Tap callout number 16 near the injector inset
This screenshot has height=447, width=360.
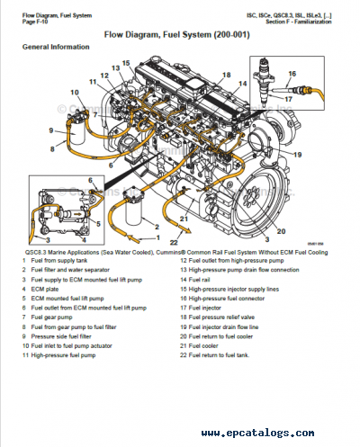pyautogui.click(x=292, y=73)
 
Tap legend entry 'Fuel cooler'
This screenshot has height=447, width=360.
pyautogui.click(x=206, y=344)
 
